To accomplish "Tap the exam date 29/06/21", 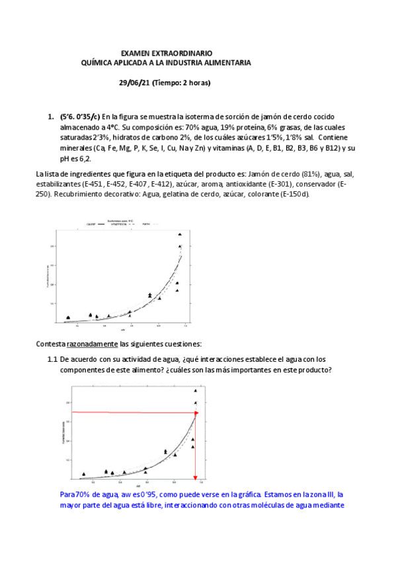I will (134, 83).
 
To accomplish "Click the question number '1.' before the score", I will (50, 117).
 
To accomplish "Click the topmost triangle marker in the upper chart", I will (179, 234).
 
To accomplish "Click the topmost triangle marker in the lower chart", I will (195, 391).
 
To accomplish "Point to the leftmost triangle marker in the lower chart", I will (83, 474).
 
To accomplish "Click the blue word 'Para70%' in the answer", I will (75, 494).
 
